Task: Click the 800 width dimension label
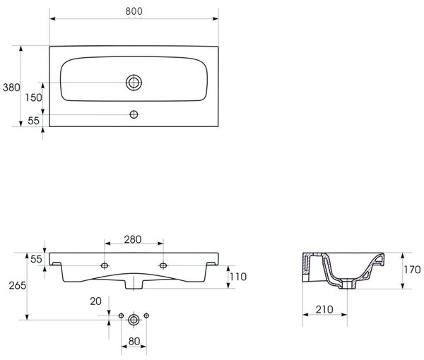click(134, 11)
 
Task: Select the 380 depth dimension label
click(11, 88)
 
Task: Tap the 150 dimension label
click(34, 97)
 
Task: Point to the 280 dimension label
click(133, 239)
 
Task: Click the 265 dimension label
click(18, 285)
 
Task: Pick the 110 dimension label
click(238, 277)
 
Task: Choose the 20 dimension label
click(95, 301)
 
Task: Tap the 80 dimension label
click(134, 342)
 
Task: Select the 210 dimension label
click(324, 309)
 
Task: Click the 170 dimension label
click(413, 270)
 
